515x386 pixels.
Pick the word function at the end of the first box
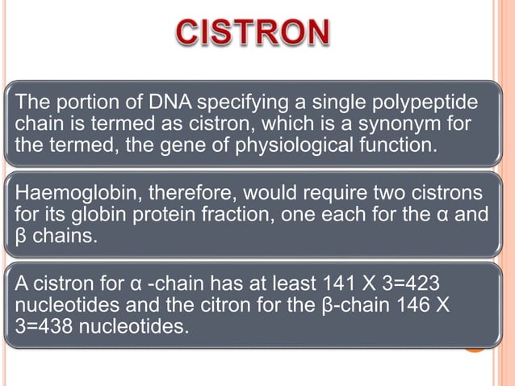[404, 146]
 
